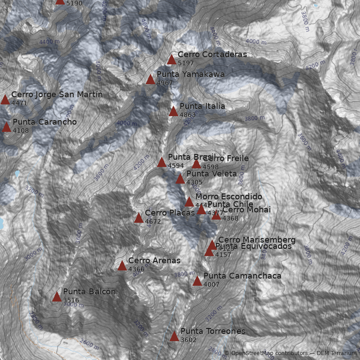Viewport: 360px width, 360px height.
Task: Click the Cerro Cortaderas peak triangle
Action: [171, 59]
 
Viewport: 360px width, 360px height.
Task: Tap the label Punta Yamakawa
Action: [190, 74]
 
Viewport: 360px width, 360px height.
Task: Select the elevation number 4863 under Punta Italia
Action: [188, 115]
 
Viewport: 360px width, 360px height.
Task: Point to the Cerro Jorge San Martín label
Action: [57, 94]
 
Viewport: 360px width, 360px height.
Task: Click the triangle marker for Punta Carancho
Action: [6, 127]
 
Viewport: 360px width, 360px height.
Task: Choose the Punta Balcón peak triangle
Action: [57, 297]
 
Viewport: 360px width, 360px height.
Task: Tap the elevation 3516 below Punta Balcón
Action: [71, 300]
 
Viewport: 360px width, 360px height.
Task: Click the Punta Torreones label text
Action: [213, 331]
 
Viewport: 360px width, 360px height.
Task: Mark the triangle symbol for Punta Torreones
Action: [174, 336]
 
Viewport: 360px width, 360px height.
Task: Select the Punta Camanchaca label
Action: [242, 276]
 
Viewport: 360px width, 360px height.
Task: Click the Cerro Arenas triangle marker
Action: [122, 265]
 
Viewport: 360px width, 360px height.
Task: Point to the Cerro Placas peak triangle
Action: [139, 218]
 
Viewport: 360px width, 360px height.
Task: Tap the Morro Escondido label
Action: [229, 197]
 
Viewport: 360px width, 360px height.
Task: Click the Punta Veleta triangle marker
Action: [180, 179]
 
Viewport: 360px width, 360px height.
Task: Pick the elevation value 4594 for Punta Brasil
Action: [176, 166]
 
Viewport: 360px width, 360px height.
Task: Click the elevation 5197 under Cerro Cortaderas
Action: [186, 63]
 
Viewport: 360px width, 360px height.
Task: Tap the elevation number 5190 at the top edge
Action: [74, 3]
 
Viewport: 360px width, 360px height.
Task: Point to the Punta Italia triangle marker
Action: [173, 111]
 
